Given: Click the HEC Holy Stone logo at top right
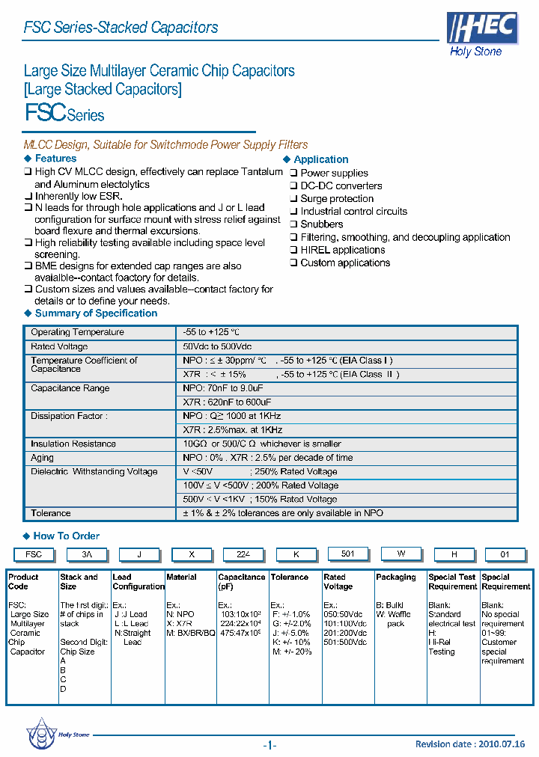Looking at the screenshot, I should pos(481,34).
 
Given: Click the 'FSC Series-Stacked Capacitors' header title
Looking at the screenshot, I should pos(121,28).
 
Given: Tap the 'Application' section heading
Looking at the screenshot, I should pos(320,159).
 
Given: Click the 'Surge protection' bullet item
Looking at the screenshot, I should pos(336,199).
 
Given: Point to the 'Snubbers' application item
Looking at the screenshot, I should pos(321,224).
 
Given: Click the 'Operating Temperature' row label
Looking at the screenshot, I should pos(77,332).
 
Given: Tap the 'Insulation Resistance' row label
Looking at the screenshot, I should pos(73,444).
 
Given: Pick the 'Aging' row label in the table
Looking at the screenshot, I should pos(42,458).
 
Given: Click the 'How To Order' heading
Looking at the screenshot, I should pos(66,536).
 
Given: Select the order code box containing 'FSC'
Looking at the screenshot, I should pos(34,555).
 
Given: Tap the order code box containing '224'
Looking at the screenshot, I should pos(243,555).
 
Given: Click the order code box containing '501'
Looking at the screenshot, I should pos(347,554).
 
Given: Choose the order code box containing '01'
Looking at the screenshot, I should pos(505,555).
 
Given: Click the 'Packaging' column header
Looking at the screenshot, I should pos(396,577).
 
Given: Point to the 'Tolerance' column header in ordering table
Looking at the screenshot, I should pos(289,577).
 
